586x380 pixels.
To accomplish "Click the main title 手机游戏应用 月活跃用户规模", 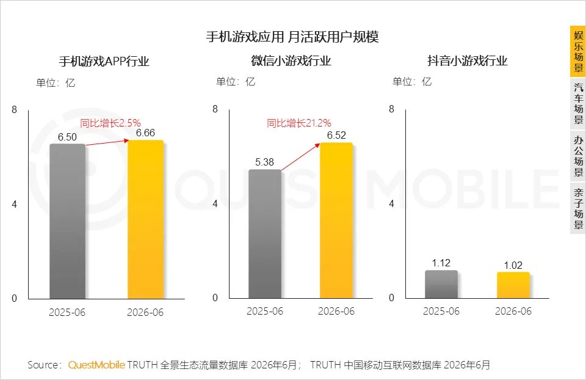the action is tap(292, 37).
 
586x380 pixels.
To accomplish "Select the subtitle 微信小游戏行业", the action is tap(291, 60).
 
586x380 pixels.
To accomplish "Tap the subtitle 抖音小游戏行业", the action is tap(468, 60).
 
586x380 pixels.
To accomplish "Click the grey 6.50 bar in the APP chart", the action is tap(67, 221).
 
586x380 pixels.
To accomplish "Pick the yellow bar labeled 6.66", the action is tap(145, 219).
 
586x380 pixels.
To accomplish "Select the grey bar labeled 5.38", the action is tap(264, 234).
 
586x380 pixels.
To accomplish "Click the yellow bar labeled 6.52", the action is tap(336, 221).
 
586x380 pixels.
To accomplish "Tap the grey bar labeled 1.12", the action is tap(441, 284).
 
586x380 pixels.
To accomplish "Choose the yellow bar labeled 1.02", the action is tap(513, 285).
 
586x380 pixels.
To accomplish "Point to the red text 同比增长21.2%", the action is tap(299, 123).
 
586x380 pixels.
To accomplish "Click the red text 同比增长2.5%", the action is tap(110, 123).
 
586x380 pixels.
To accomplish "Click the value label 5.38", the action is tap(264, 162).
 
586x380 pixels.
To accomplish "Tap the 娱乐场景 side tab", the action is tap(578, 51).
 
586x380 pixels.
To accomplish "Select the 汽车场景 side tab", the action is tap(578, 104).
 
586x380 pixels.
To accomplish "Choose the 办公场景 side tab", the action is tap(578, 156).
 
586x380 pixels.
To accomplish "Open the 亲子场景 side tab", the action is tap(578, 208).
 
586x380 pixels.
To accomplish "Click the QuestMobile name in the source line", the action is tap(96, 365).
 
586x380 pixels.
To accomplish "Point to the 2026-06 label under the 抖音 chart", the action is tap(513, 311).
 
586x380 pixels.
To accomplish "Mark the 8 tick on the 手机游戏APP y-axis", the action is tap(14, 109).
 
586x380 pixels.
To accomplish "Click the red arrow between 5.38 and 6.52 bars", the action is tap(300, 157).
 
